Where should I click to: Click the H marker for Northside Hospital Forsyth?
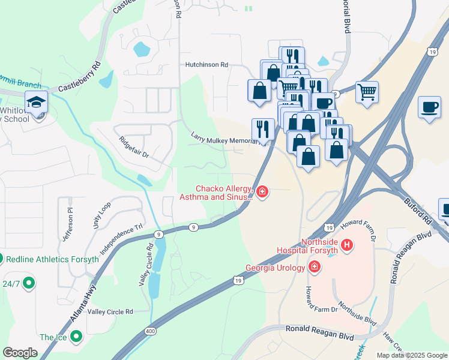tap(346, 245)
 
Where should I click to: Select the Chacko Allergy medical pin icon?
tap(262, 192)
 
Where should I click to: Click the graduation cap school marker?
tap(37, 103)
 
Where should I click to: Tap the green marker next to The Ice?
tap(76, 337)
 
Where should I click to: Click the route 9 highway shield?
tap(193, 227)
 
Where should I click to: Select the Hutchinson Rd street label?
tap(206, 64)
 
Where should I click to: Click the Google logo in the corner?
tap(20, 352)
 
